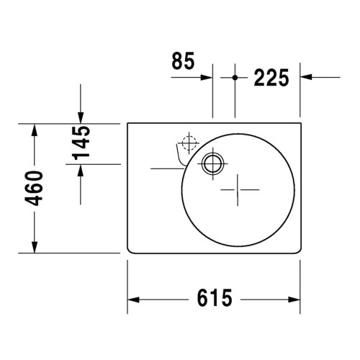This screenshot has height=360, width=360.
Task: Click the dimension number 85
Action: point(183,62)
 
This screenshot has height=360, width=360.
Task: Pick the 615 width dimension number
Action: point(214,297)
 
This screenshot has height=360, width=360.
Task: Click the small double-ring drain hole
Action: point(212,163)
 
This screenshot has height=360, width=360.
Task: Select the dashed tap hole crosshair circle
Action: point(189,143)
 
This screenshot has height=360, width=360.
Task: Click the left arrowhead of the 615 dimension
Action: point(134,299)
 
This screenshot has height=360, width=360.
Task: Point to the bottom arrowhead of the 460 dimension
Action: point(34,247)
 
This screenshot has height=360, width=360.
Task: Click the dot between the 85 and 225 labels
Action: point(235,76)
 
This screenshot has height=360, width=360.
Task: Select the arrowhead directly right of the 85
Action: point(207,76)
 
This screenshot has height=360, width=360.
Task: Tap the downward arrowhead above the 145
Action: point(81,117)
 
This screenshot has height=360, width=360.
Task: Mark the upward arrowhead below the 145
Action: point(81,171)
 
